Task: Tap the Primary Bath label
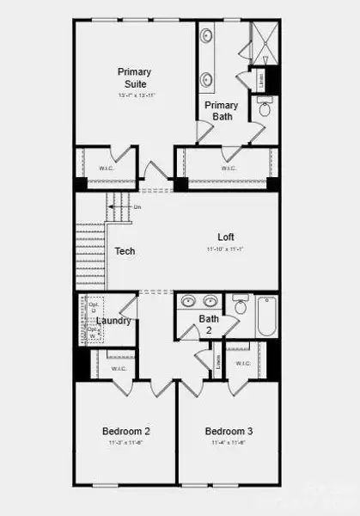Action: click(x=221, y=111)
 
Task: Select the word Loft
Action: click(x=226, y=236)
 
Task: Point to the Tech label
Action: click(x=125, y=252)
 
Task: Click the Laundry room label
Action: click(x=113, y=321)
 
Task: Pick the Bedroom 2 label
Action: click(x=126, y=431)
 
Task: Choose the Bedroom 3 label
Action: click(x=229, y=431)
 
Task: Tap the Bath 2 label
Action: click(x=210, y=323)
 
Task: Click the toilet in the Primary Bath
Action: click(x=265, y=109)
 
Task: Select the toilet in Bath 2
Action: click(x=241, y=306)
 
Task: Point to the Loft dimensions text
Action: click(x=226, y=249)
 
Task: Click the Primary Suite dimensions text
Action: click(x=135, y=95)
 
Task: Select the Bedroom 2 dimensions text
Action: click(x=126, y=443)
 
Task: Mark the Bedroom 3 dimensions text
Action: click(x=229, y=443)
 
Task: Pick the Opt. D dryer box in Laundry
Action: click(x=94, y=307)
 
